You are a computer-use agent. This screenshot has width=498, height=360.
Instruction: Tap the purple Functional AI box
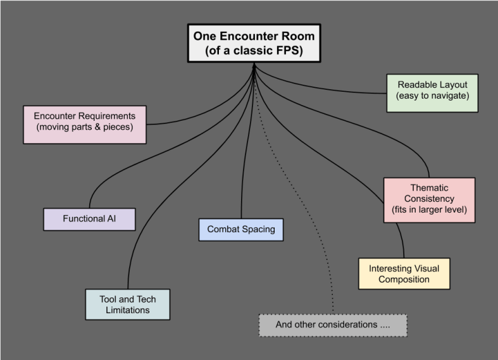(89, 219)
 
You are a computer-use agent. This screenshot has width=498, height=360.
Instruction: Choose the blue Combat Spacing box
(240, 229)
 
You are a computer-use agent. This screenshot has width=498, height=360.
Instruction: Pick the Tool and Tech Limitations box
(128, 304)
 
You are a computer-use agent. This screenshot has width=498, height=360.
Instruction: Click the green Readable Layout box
(432, 92)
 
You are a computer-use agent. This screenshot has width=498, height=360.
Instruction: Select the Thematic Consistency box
(429, 199)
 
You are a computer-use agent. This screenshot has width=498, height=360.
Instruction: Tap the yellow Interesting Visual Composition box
(404, 273)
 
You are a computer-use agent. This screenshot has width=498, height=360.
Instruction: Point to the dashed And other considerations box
(333, 325)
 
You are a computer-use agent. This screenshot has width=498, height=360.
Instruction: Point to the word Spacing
(258, 229)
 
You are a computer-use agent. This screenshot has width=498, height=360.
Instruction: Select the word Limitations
(128, 310)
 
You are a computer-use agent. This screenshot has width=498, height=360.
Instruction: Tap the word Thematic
(429, 189)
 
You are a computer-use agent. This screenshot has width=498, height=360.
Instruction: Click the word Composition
(404, 279)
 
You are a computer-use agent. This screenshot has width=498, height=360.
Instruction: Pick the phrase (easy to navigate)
(432, 96)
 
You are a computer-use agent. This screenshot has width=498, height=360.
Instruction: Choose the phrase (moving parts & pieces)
(85, 128)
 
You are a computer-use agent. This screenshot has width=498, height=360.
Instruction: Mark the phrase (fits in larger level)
(429, 210)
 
